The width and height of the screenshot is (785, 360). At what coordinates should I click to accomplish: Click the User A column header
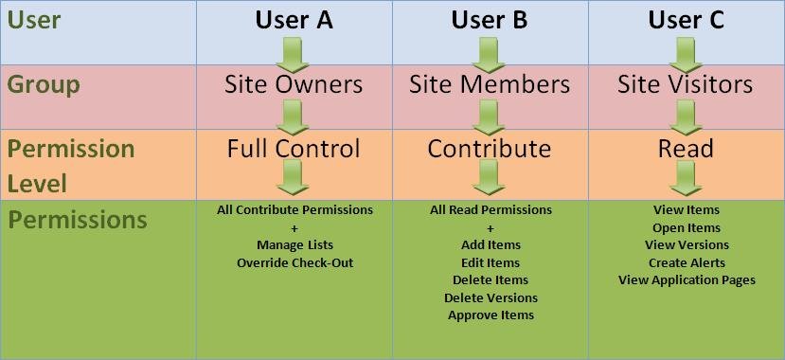tap(294, 21)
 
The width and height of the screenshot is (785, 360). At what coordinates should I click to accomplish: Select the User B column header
tap(490, 21)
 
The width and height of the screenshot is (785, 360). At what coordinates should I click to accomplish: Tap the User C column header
tap(686, 21)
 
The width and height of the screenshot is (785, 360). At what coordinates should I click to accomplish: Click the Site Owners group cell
tap(294, 84)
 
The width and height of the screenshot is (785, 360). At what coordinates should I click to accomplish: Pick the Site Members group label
tap(490, 84)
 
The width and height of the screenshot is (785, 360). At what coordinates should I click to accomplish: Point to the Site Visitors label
tap(685, 84)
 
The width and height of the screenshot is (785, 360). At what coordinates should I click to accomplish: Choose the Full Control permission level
tap(294, 148)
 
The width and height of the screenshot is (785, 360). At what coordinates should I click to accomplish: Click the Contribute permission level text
tap(490, 148)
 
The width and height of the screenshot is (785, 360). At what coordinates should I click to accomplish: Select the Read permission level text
tap(686, 148)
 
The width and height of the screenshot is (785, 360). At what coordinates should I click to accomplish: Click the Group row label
tap(44, 85)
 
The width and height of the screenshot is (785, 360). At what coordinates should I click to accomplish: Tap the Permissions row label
tap(78, 219)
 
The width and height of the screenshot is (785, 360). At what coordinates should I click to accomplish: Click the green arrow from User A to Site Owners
tap(293, 55)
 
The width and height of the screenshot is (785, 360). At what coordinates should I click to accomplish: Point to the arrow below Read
tap(686, 178)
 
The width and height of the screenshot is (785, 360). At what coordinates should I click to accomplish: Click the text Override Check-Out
tap(294, 262)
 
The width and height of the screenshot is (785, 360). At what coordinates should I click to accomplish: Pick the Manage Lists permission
tap(294, 245)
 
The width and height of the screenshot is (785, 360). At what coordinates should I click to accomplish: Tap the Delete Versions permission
tap(491, 297)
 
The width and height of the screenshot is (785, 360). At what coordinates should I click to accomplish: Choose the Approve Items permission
tap(491, 315)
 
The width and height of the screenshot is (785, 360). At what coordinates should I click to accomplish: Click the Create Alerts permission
tap(687, 262)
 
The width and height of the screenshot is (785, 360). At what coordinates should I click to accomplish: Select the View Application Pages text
tap(687, 279)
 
